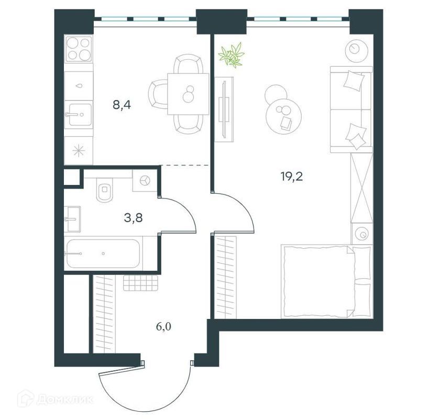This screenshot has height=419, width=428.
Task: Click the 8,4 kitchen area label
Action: coord(122,105)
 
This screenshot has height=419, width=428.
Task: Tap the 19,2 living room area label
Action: coord(292,175)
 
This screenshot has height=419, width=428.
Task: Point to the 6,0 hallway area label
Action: coord(164,327)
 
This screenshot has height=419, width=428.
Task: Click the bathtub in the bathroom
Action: coord(104,253)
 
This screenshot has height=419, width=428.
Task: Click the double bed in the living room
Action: coord(318,281)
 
